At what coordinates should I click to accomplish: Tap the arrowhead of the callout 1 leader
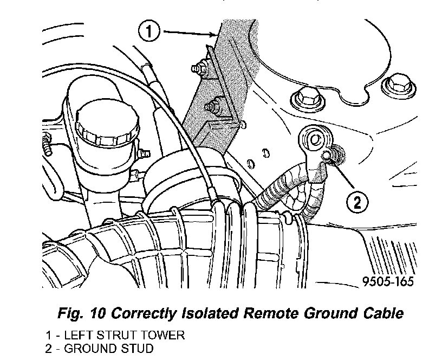click(215, 37)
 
